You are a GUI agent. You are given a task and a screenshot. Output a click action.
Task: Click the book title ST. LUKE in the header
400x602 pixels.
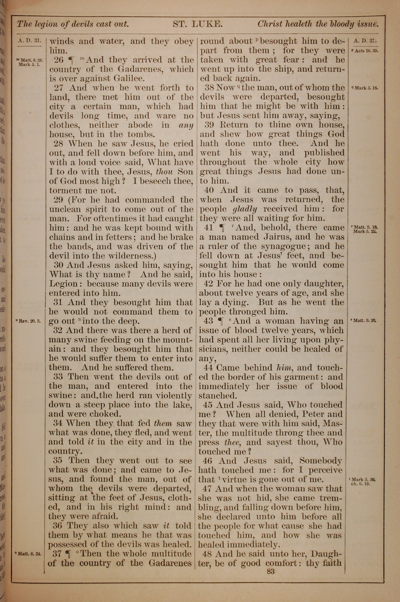point(198,24)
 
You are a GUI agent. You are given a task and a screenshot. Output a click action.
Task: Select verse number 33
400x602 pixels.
point(58,377)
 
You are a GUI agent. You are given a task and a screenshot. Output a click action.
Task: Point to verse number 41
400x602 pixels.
point(209,228)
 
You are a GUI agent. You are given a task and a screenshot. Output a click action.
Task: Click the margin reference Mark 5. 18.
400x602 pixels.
point(366,88)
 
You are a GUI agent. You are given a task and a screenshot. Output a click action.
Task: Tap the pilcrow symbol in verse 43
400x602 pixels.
point(221,321)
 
